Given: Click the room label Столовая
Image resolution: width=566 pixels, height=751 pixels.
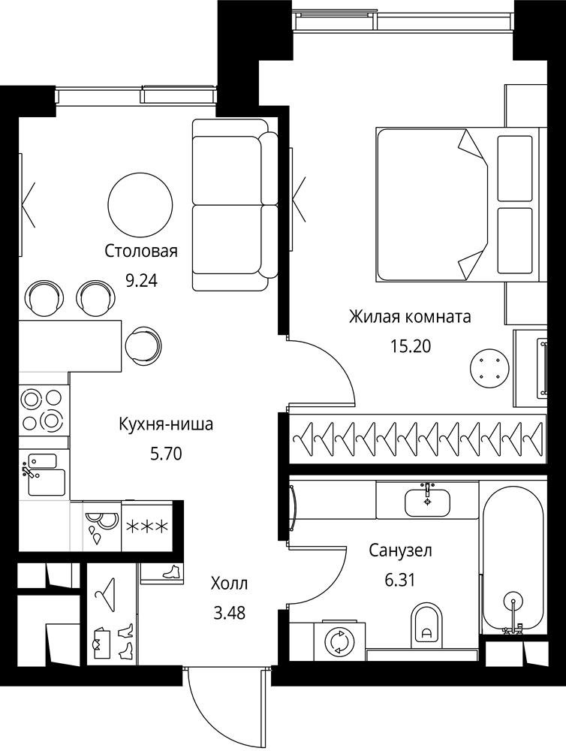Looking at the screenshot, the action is pyautogui.click(x=141, y=251).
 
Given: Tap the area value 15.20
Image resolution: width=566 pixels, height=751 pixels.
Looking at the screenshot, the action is pyautogui.click(x=411, y=346).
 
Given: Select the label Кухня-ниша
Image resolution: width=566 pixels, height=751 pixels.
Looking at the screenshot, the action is pyautogui.click(x=166, y=424).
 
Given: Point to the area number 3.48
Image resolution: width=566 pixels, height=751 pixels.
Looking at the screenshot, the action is pyautogui.click(x=228, y=613).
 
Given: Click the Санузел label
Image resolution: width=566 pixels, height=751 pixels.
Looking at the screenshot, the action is pyautogui.click(x=400, y=550).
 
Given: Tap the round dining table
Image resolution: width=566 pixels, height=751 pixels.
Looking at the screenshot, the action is pyautogui.click(x=140, y=203).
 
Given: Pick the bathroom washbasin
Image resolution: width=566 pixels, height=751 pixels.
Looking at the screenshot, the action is pyautogui.click(x=427, y=500).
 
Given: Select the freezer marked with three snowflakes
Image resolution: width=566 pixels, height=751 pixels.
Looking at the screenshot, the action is pyautogui.click(x=147, y=527).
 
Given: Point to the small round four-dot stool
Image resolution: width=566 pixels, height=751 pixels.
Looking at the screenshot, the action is pyautogui.click(x=487, y=367).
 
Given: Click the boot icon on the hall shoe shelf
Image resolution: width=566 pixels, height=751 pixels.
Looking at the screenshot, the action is pyautogui.click(x=171, y=571).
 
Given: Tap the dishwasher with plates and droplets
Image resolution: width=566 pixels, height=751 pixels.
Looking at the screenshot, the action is pyautogui.click(x=102, y=527).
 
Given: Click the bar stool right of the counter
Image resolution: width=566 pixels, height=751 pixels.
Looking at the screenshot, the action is pyautogui.click(x=143, y=345).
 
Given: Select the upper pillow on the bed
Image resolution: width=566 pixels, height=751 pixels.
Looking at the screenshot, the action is pyautogui.click(x=515, y=168).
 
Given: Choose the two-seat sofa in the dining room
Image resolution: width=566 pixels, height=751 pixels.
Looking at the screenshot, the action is pyautogui.click(x=235, y=204).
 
